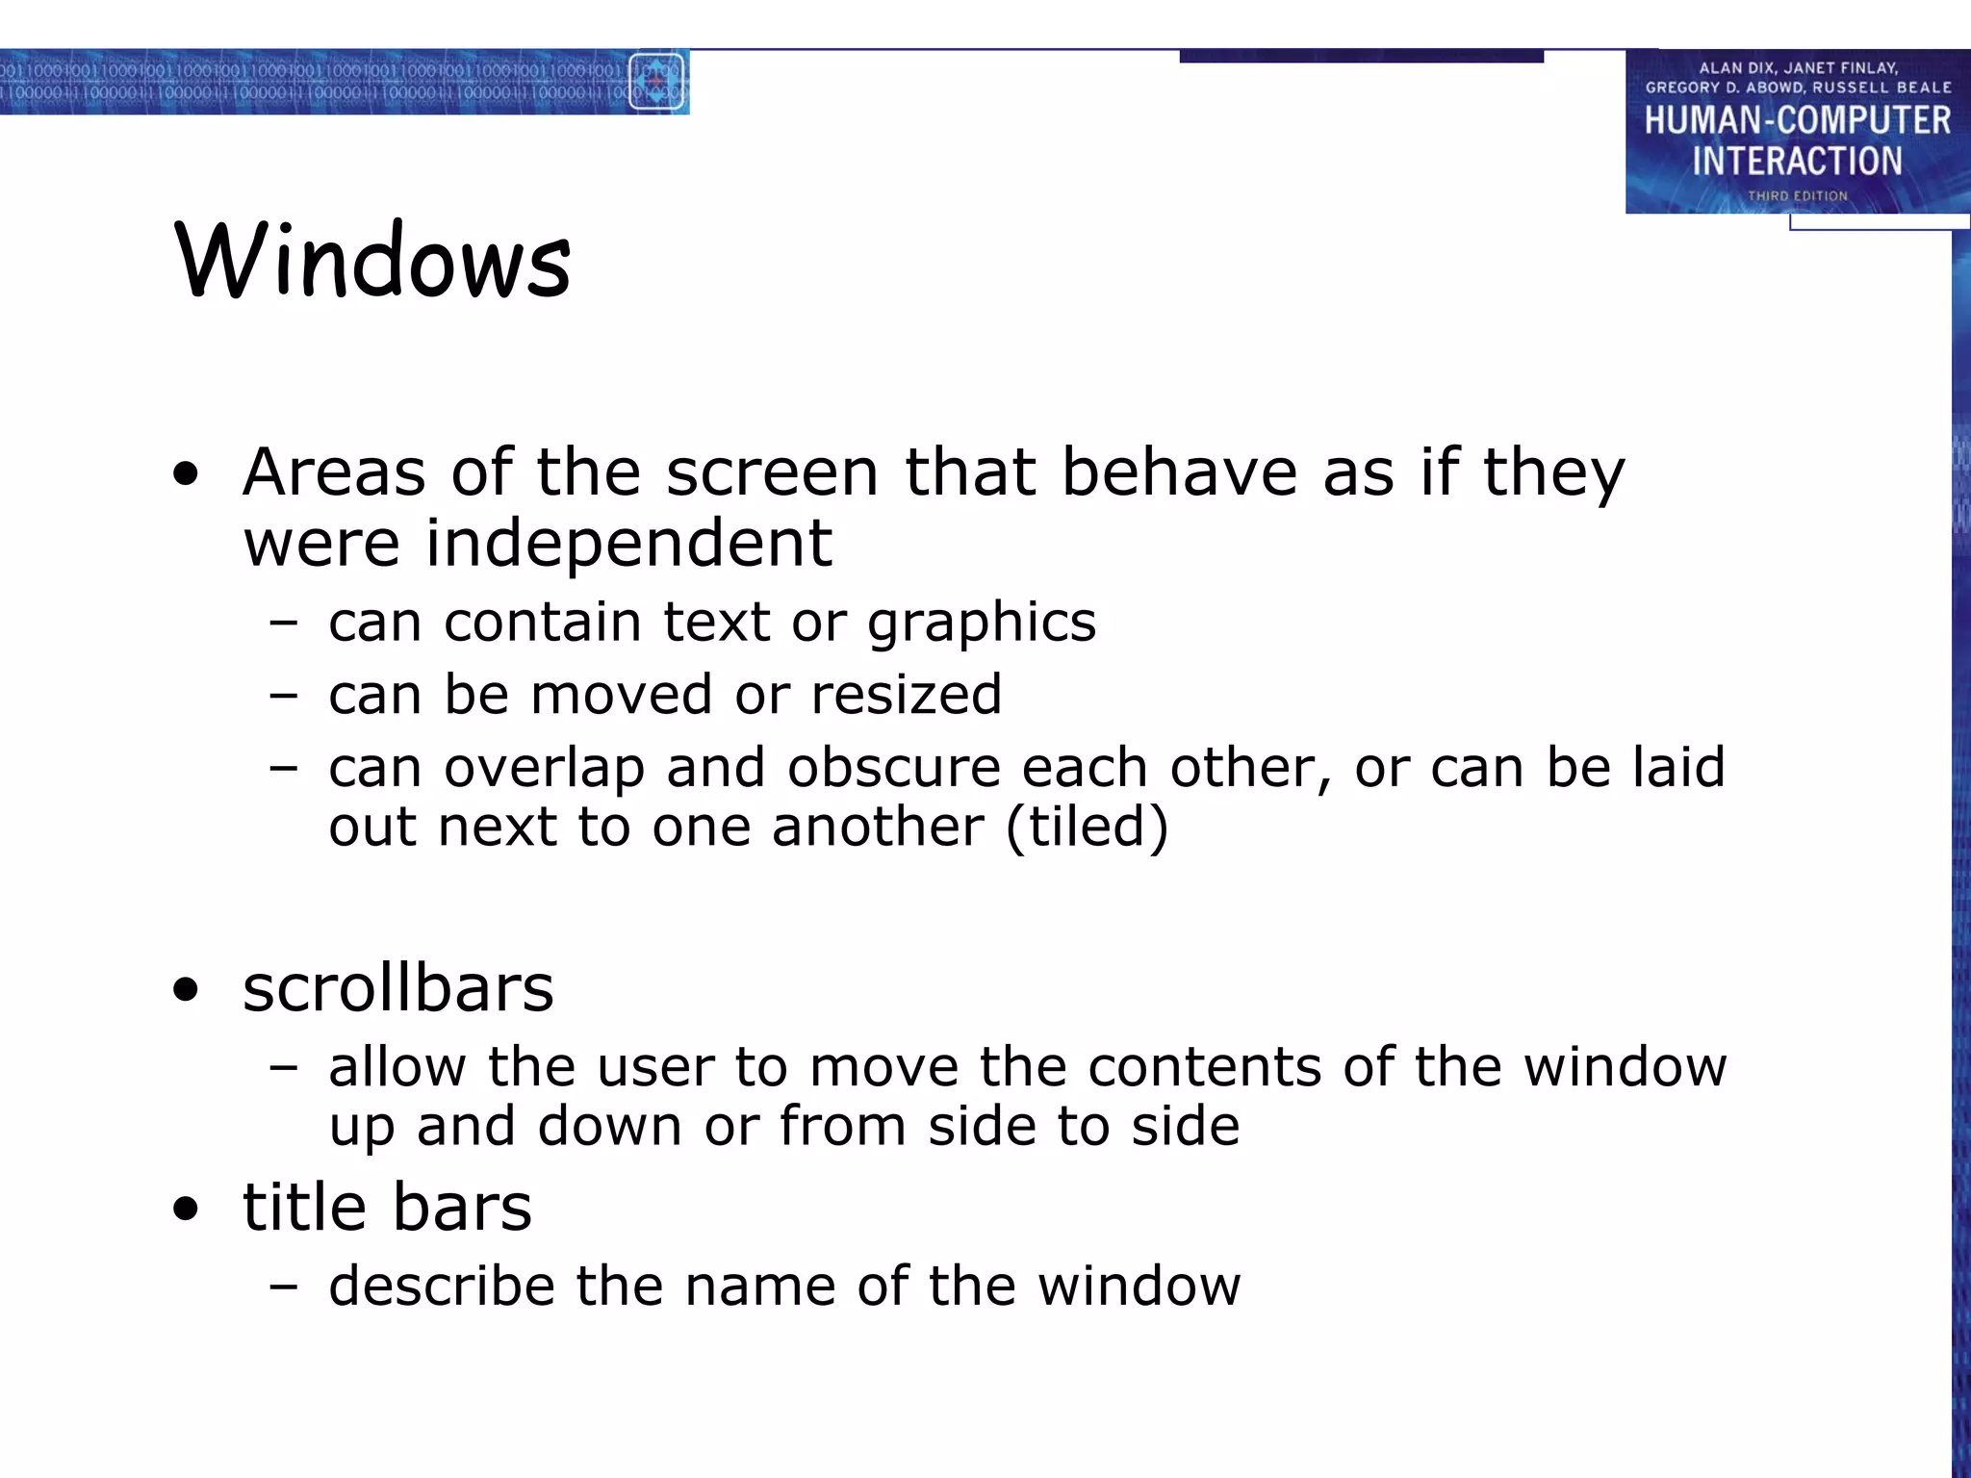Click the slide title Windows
click(373, 261)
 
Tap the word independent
click(628, 543)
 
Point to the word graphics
click(981, 624)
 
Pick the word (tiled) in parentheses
click(1087, 827)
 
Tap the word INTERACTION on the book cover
click(1797, 161)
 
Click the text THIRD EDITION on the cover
click(1797, 196)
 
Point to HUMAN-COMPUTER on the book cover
click(1797, 121)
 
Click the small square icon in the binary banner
click(656, 82)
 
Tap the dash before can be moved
click(283, 695)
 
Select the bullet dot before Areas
click(186, 473)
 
